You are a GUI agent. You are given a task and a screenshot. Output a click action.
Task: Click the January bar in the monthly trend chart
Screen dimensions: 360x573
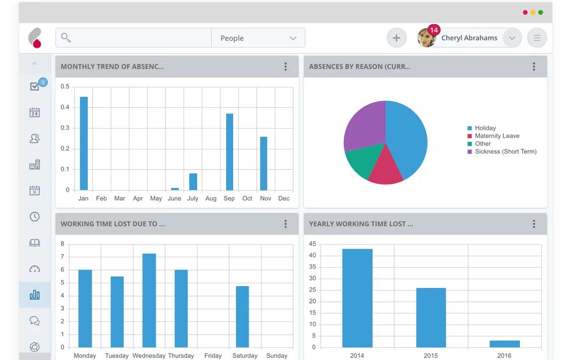point(84,143)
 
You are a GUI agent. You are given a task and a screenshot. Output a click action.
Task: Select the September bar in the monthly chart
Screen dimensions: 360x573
point(230,152)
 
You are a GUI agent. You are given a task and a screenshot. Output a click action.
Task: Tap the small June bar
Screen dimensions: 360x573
point(175,189)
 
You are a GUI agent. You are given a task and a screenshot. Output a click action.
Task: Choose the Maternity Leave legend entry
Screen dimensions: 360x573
point(497,136)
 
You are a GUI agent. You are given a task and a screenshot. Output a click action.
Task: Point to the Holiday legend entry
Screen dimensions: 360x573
point(485,128)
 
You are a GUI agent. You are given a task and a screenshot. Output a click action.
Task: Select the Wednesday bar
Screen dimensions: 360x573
point(149,300)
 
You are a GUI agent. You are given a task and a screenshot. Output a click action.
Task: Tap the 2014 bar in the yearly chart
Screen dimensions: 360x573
point(357,298)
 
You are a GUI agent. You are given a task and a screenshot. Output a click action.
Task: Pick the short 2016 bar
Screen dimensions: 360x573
point(504,344)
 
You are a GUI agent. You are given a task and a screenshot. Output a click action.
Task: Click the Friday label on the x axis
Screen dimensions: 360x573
point(213,356)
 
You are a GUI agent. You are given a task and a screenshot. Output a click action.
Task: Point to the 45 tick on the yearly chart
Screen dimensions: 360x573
point(312,243)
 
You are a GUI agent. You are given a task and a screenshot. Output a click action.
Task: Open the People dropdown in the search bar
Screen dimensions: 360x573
point(258,38)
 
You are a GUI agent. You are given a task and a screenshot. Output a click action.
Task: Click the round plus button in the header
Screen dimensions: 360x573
point(396,38)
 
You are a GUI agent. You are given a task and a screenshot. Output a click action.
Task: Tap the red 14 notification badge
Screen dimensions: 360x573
point(434,30)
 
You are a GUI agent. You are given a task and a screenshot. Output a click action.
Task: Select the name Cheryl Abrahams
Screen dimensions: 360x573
point(469,38)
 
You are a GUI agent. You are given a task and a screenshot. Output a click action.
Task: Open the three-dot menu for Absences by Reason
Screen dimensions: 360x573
point(534,67)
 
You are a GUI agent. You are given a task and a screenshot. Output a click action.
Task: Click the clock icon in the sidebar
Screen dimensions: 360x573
point(35,217)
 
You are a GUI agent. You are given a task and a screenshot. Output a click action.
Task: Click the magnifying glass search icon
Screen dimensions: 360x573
point(66,38)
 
